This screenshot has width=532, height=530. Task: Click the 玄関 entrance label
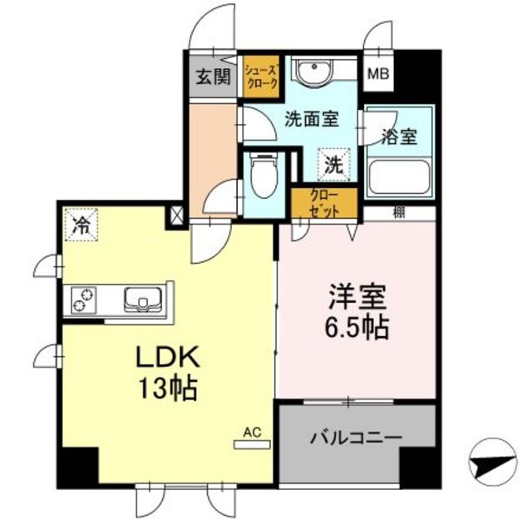(x=214, y=77)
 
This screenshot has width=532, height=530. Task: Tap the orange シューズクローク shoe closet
(x=262, y=77)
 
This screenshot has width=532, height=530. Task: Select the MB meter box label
(x=378, y=74)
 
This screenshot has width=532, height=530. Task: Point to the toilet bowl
(x=264, y=176)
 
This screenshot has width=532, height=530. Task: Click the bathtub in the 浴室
(x=400, y=176)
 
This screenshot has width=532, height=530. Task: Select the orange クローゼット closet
(x=325, y=203)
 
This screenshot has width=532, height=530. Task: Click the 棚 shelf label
(x=399, y=213)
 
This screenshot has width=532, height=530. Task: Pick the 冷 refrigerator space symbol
(x=81, y=225)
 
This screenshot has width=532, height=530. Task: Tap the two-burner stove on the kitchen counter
(x=83, y=300)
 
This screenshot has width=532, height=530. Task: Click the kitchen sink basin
(x=143, y=300)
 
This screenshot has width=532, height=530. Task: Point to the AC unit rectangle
(x=253, y=444)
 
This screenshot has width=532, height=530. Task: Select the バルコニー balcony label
(x=357, y=438)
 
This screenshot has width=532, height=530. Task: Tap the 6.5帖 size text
(x=357, y=328)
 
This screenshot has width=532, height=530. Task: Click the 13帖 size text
(x=168, y=388)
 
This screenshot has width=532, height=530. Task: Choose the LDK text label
(x=168, y=358)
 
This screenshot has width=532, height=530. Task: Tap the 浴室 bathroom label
(x=399, y=136)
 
